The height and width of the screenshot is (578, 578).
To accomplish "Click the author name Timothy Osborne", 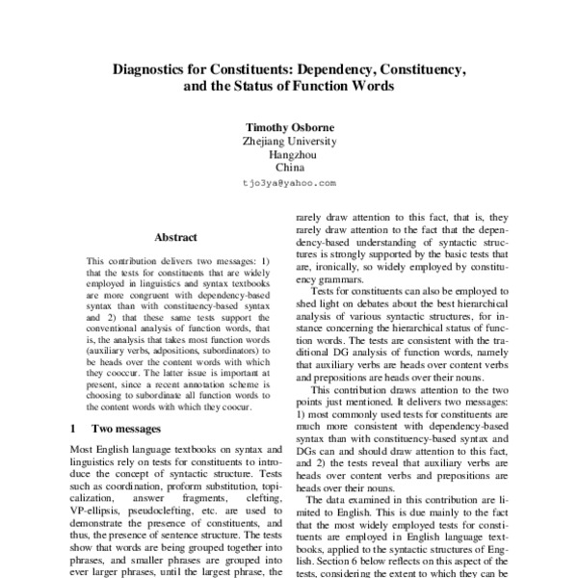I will pos(289,125).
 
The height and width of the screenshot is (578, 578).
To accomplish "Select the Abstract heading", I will pos(175,237).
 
